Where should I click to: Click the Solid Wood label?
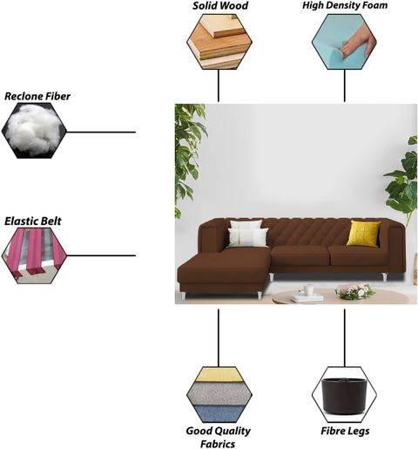220,6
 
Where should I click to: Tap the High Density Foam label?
345,5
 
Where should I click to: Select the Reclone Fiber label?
37,96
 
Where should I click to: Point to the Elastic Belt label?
33,221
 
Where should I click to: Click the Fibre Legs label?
345,431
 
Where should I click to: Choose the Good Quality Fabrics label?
219,438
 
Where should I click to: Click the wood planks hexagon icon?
219,42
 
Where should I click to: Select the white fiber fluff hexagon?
34,131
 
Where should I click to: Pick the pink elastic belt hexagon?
34,255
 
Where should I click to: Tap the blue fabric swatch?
219,413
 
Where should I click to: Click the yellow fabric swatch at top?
219,375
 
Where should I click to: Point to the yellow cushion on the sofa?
364,234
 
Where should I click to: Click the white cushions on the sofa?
247,234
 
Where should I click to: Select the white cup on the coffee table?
308,289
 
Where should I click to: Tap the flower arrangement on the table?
354,291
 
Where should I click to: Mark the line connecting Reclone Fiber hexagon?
101,132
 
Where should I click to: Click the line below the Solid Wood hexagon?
219,85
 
